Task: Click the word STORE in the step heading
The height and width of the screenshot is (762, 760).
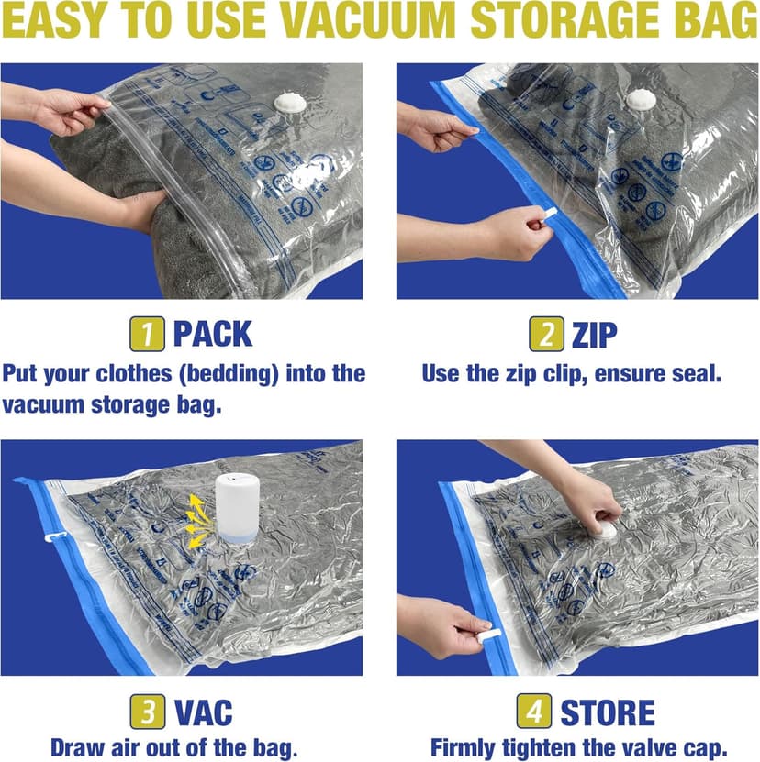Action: (x=608, y=712)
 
